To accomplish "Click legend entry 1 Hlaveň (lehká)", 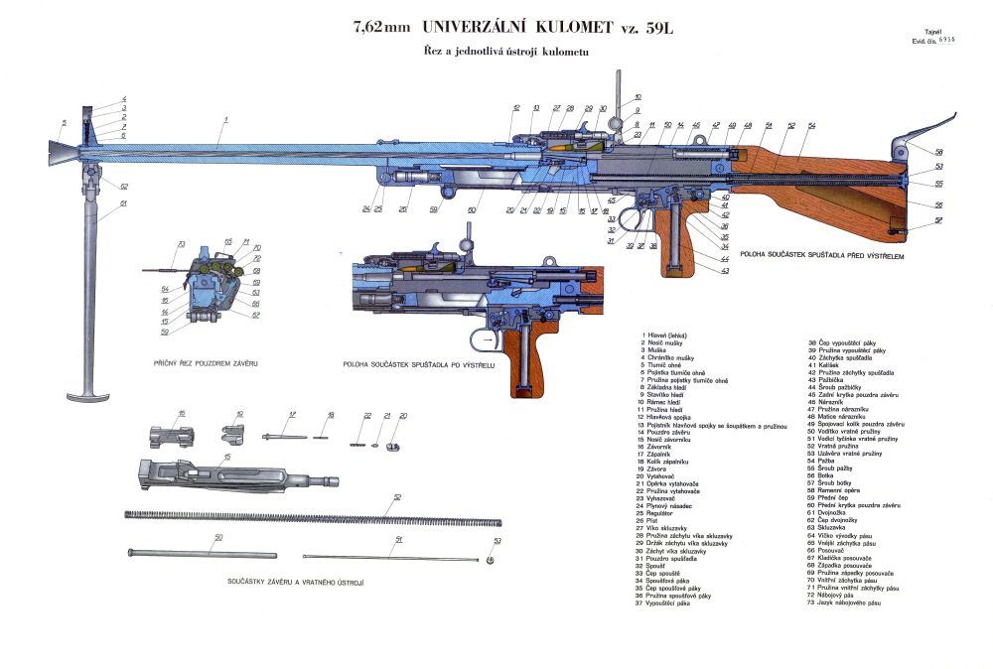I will pos(672,335).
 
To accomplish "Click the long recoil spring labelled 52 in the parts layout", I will pos(308,513).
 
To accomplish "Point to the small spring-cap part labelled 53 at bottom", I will pos(497,554).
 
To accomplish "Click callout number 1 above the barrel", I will pos(226,119).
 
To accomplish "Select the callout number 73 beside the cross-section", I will pos(182,244).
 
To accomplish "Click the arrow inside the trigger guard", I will pos(486,340).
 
